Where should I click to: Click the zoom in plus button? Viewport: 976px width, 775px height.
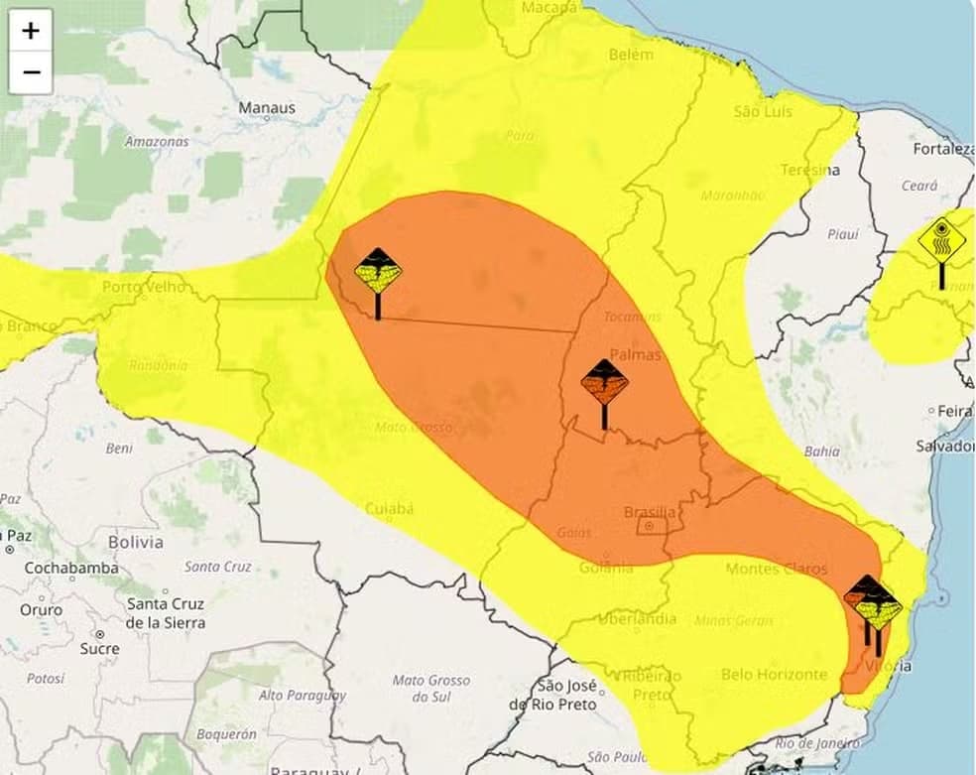(x=31, y=31)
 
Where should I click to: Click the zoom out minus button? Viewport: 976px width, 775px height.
(x=31, y=72)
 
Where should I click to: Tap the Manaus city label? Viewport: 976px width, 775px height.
(x=267, y=107)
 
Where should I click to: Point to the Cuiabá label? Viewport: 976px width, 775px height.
(x=390, y=508)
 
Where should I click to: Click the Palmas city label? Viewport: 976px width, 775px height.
(x=635, y=353)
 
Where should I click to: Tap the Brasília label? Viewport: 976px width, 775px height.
(x=650, y=512)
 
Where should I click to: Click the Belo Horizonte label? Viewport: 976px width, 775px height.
(x=774, y=674)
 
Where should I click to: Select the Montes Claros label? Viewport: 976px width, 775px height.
(x=777, y=569)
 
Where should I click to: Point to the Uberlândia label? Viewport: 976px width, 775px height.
(x=637, y=619)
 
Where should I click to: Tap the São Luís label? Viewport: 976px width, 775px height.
(x=763, y=111)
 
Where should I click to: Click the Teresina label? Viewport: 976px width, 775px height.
(x=809, y=170)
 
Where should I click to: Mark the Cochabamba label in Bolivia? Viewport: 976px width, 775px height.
(x=71, y=568)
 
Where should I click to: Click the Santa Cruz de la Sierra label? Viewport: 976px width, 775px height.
(x=166, y=612)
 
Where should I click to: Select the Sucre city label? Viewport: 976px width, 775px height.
(x=98, y=648)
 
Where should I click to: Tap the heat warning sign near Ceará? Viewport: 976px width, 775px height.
(x=941, y=241)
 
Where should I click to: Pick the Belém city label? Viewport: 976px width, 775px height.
(x=631, y=55)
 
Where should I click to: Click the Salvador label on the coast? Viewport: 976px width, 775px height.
(x=945, y=446)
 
